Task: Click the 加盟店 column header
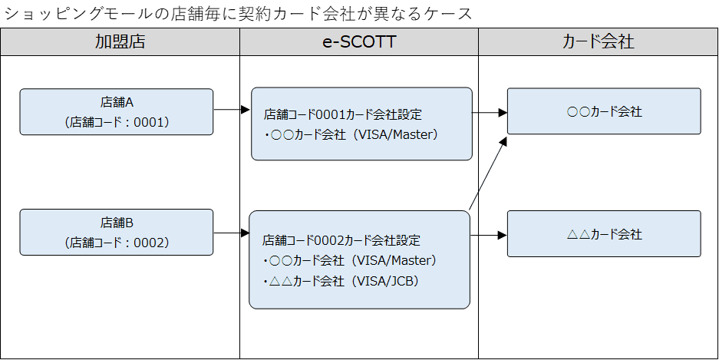click(x=120, y=41)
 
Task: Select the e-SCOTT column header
click(x=359, y=41)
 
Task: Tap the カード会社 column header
click(x=599, y=41)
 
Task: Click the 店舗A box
click(x=117, y=112)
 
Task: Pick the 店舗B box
click(x=117, y=232)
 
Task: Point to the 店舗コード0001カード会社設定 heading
click(x=342, y=114)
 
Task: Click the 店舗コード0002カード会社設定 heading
click(x=341, y=239)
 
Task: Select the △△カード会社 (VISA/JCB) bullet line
click(x=341, y=281)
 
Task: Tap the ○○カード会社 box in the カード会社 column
click(x=604, y=111)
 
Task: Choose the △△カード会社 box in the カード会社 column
click(x=604, y=234)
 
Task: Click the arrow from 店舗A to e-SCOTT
click(x=232, y=110)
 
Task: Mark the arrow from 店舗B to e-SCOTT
click(x=232, y=233)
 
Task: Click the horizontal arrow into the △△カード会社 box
click(x=489, y=235)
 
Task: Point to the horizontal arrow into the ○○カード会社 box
click(x=490, y=112)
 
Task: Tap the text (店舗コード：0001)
click(x=117, y=123)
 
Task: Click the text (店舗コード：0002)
click(x=117, y=243)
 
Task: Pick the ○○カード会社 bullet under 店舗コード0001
click(x=351, y=135)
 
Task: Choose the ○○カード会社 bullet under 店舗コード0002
click(x=350, y=260)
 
